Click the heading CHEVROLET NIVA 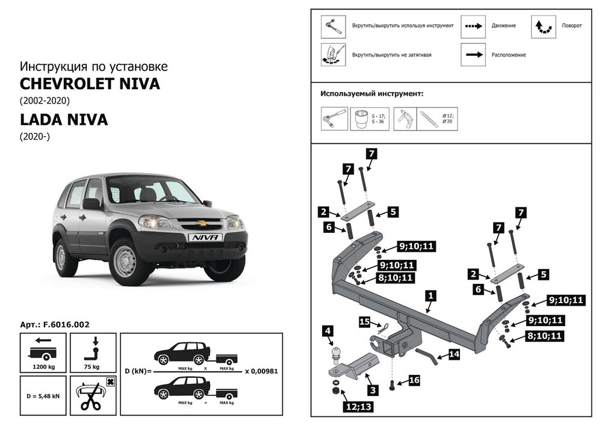click(90, 84)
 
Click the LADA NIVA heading click(64, 120)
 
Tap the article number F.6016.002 click(55, 324)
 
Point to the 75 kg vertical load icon click(94, 350)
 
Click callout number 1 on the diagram click(430, 295)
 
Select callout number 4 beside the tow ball click(328, 330)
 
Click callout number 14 click(454, 354)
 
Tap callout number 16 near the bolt click(414, 380)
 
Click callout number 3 click(373, 390)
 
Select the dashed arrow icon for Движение click(474, 26)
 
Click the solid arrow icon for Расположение click(474, 55)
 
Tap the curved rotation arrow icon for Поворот click(544, 26)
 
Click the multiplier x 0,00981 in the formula click(261, 371)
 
